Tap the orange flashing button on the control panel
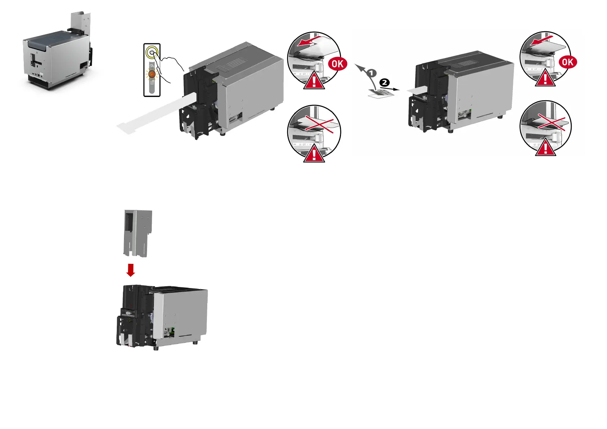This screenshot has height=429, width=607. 152,74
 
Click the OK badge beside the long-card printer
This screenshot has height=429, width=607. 337,64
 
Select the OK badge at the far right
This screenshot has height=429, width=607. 568,62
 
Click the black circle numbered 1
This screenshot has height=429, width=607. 372,73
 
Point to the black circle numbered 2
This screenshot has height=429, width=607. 385,83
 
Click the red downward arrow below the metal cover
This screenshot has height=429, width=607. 131,270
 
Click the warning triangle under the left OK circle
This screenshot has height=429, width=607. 314,81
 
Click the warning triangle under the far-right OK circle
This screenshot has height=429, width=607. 545,79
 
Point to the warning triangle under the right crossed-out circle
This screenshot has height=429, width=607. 545,148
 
